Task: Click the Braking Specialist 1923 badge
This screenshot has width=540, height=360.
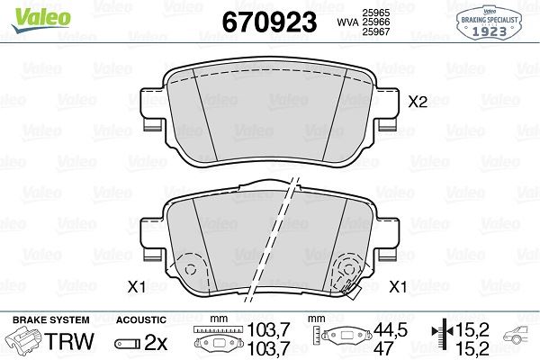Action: point(498,21)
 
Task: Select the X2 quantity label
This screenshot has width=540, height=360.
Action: point(418,103)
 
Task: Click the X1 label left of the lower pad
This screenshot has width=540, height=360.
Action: point(136,287)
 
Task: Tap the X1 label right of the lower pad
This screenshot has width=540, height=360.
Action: point(397,287)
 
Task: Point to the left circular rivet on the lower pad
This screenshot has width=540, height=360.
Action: point(190,269)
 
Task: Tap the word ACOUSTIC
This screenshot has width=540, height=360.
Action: point(141,320)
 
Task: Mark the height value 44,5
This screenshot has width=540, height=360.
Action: point(385,331)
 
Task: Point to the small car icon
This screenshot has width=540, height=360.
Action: point(518,339)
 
